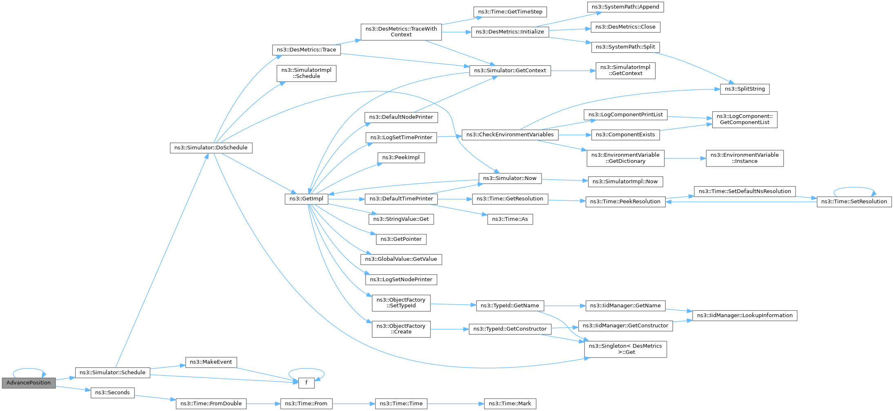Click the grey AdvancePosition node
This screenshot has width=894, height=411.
[x=29, y=383]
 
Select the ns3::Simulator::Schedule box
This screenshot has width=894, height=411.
[x=112, y=373]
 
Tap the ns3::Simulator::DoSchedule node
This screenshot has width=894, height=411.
[x=211, y=148]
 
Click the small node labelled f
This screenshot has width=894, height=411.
[x=306, y=383]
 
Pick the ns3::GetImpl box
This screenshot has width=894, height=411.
[x=306, y=199]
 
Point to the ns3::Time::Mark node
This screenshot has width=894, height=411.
[x=510, y=404]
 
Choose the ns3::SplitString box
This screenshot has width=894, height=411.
[x=745, y=89]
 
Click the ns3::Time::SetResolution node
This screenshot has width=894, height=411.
[x=854, y=202]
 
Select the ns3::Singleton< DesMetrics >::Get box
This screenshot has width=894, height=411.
[x=625, y=349]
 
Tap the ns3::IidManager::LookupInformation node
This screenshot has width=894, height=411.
[x=745, y=315]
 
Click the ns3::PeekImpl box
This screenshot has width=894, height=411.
[x=401, y=158]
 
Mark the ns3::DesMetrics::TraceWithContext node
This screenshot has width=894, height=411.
[x=401, y=32]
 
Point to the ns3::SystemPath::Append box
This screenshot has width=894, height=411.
[x=625, y=7]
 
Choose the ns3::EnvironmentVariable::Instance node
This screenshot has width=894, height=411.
[x=745, y=158]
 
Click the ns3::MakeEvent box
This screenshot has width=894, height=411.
[x=211, y=362]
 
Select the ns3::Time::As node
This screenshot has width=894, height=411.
[x=510, y=219]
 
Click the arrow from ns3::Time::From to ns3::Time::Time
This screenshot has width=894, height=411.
[x=354, y=404]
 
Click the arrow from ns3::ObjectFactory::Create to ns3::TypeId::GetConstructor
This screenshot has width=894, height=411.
[x=450, y=329]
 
